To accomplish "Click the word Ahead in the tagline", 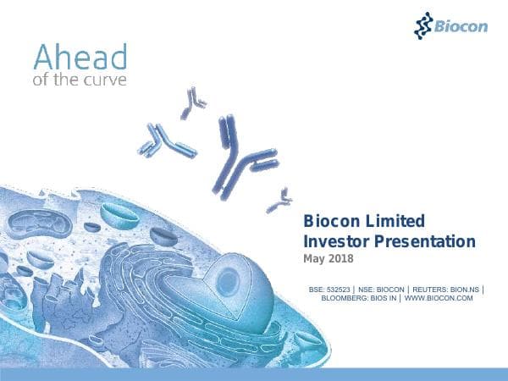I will pos(80,58).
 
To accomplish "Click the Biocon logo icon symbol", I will pos(423,25).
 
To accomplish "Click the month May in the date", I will pos(315,258).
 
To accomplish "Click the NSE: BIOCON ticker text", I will pos(379,290).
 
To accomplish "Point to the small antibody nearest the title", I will pos(278,202).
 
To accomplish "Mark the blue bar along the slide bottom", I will pos(254,374).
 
